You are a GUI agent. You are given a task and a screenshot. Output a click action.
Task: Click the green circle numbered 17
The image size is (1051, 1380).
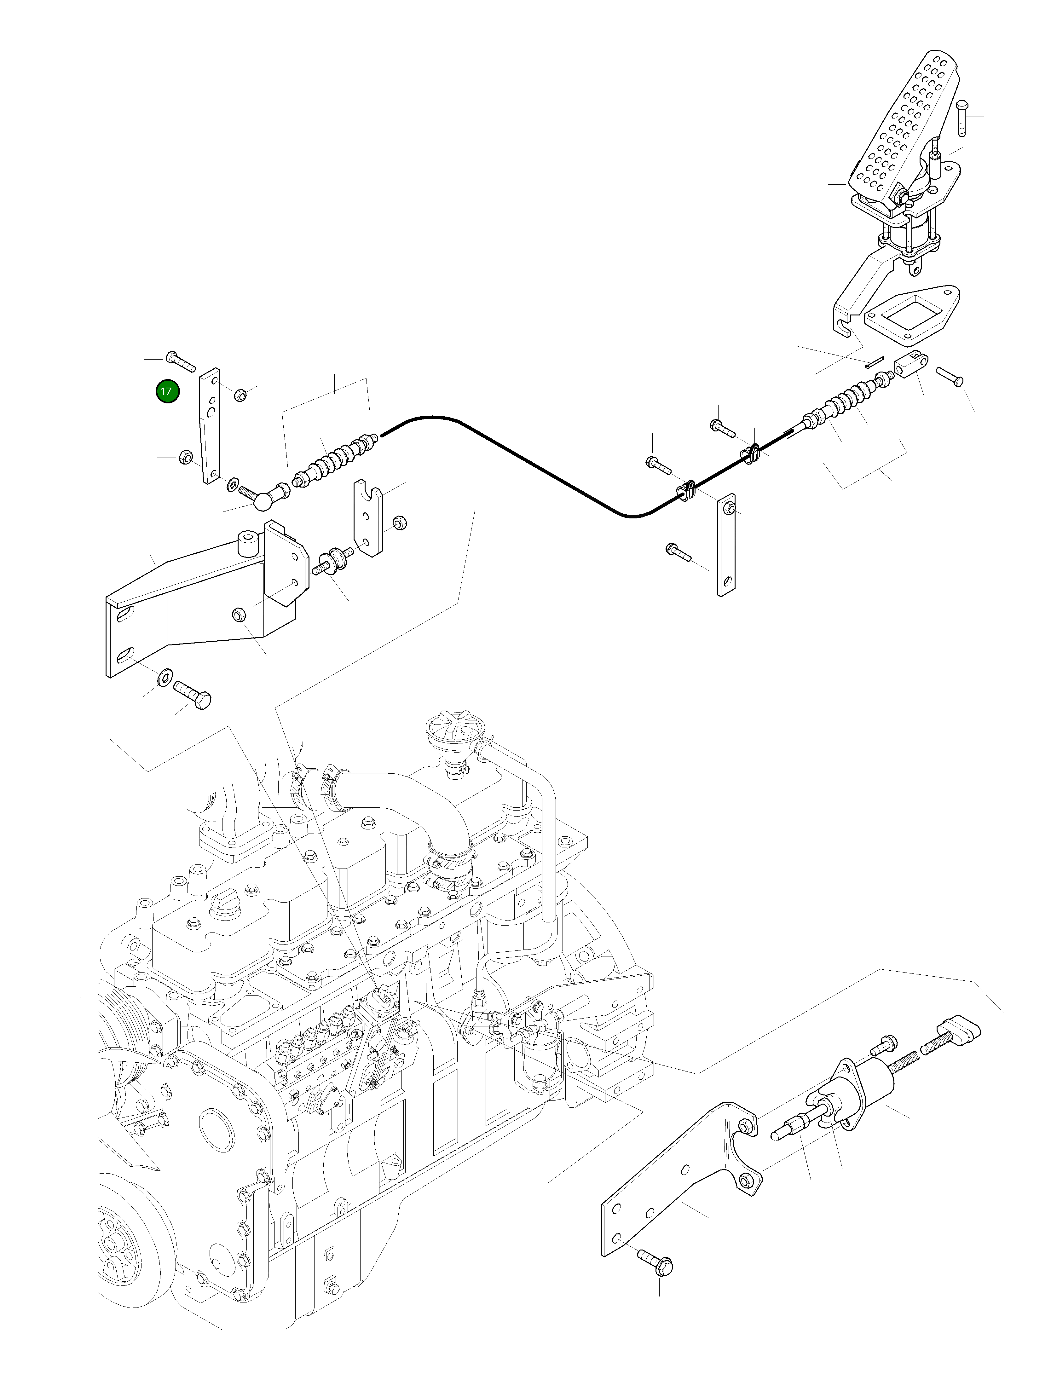coord(166,392)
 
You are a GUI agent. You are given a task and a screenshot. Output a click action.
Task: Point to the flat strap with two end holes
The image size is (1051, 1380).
coord(726,544)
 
